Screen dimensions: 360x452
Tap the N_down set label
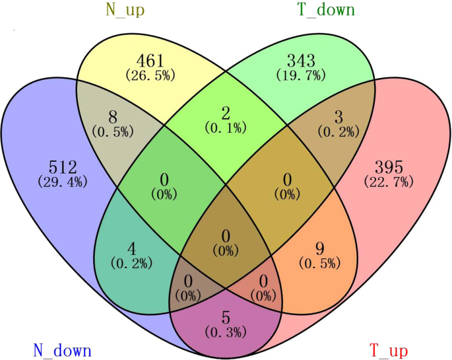click(x=62, y=349)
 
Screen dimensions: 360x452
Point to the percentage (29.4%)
click(x=62, y=181)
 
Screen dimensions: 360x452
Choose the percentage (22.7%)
click(x=388, y=181)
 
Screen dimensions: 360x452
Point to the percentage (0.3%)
click(x=226, y=330)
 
